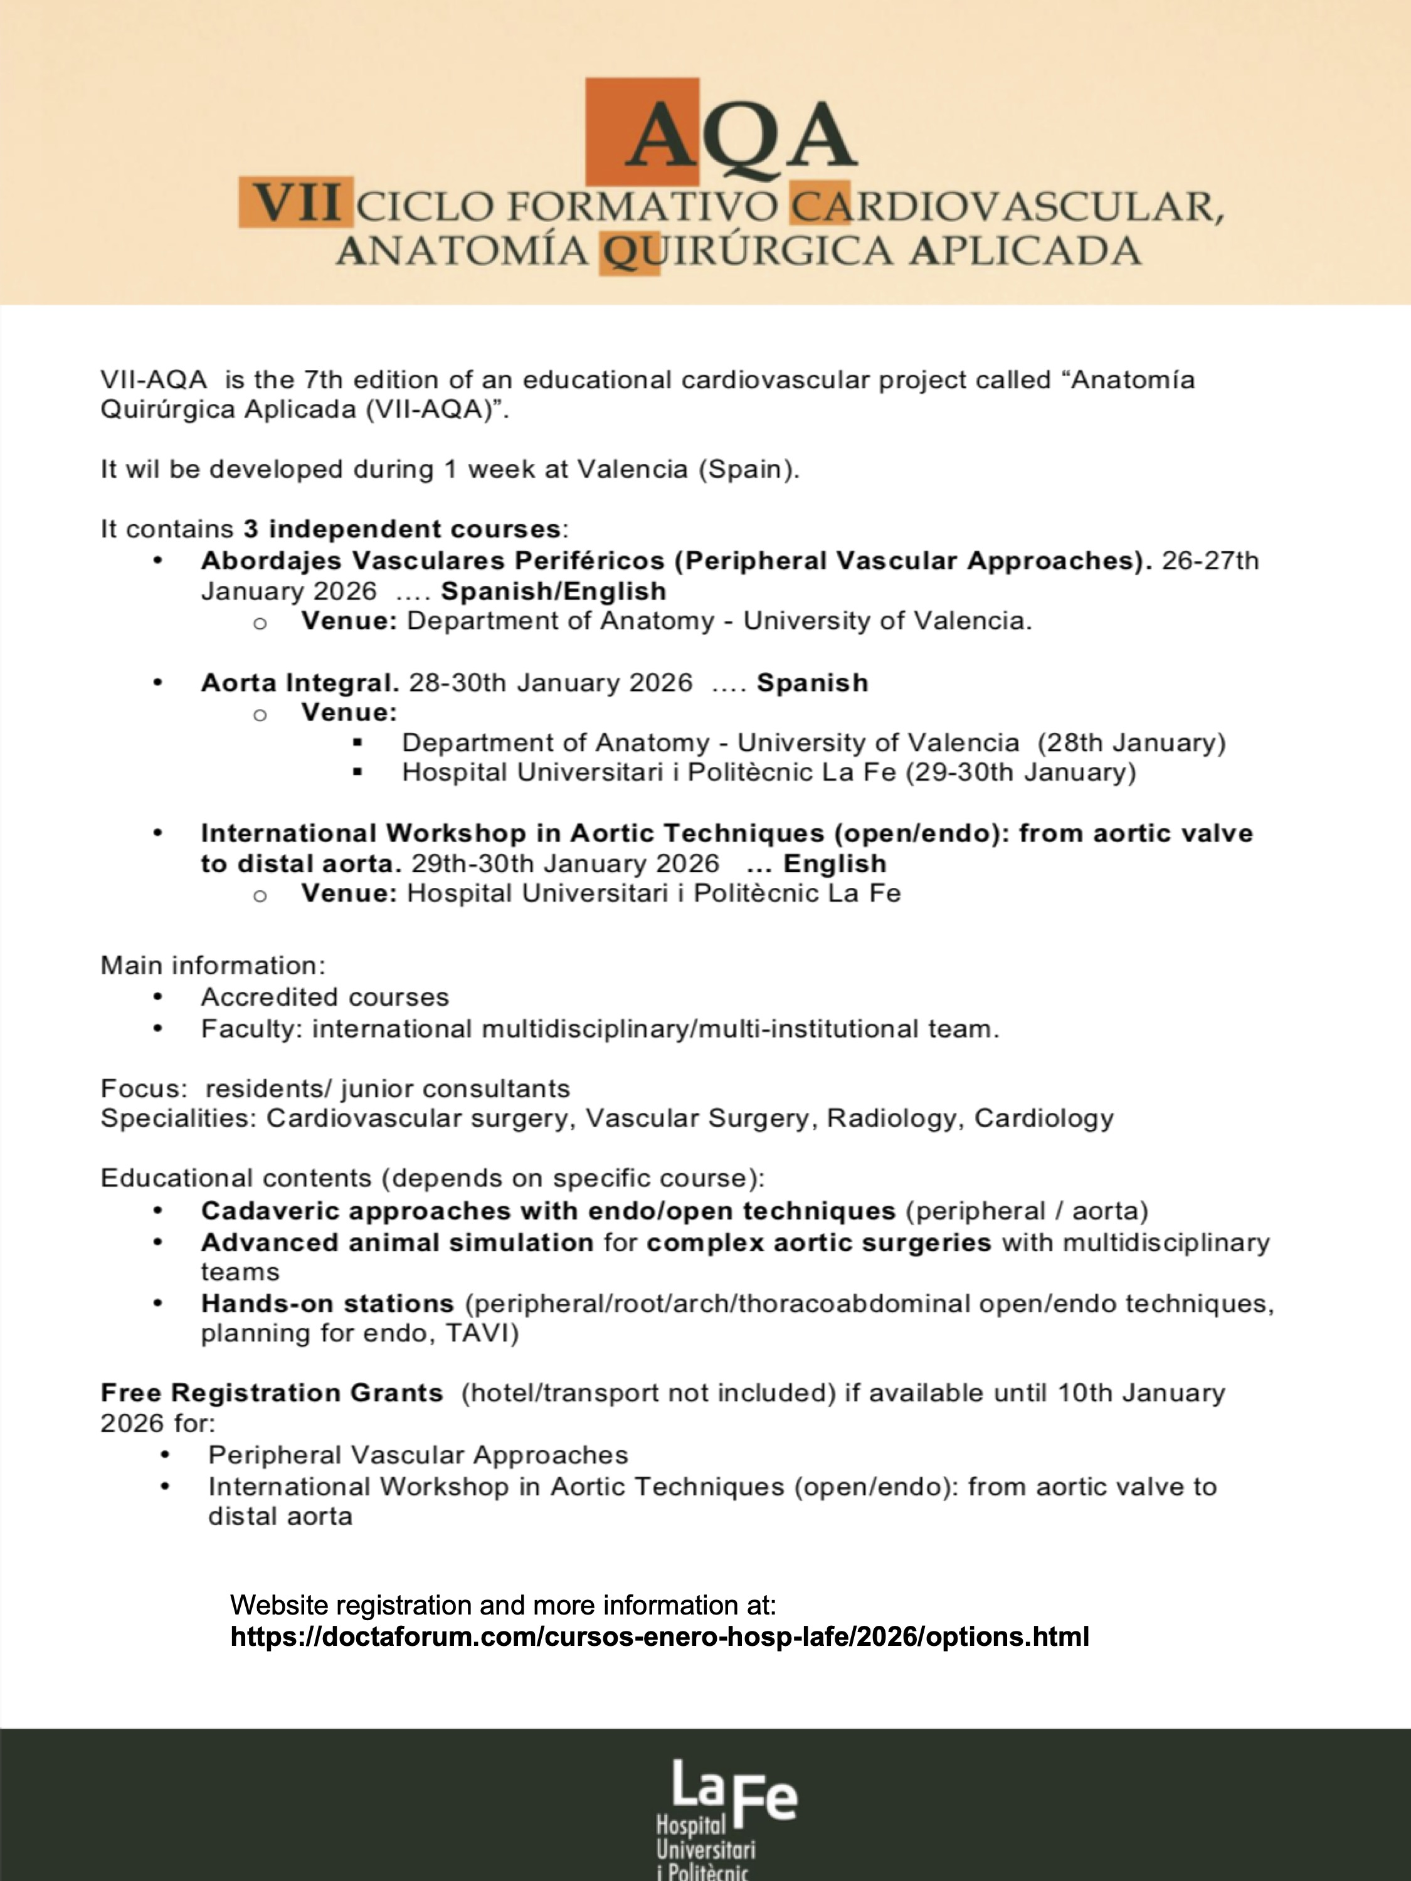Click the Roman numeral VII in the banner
point(298,204)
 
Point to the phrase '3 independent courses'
point(401,529)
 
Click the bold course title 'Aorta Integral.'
point(299,683)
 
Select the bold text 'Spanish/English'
point(553,591)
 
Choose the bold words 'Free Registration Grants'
point(272,1393)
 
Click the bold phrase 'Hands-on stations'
point(327,1303)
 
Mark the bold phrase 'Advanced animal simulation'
point(397,1242)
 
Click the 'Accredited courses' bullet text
point(325,997)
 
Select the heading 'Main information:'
point(213,965)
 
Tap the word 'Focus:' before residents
point(144,1088)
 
